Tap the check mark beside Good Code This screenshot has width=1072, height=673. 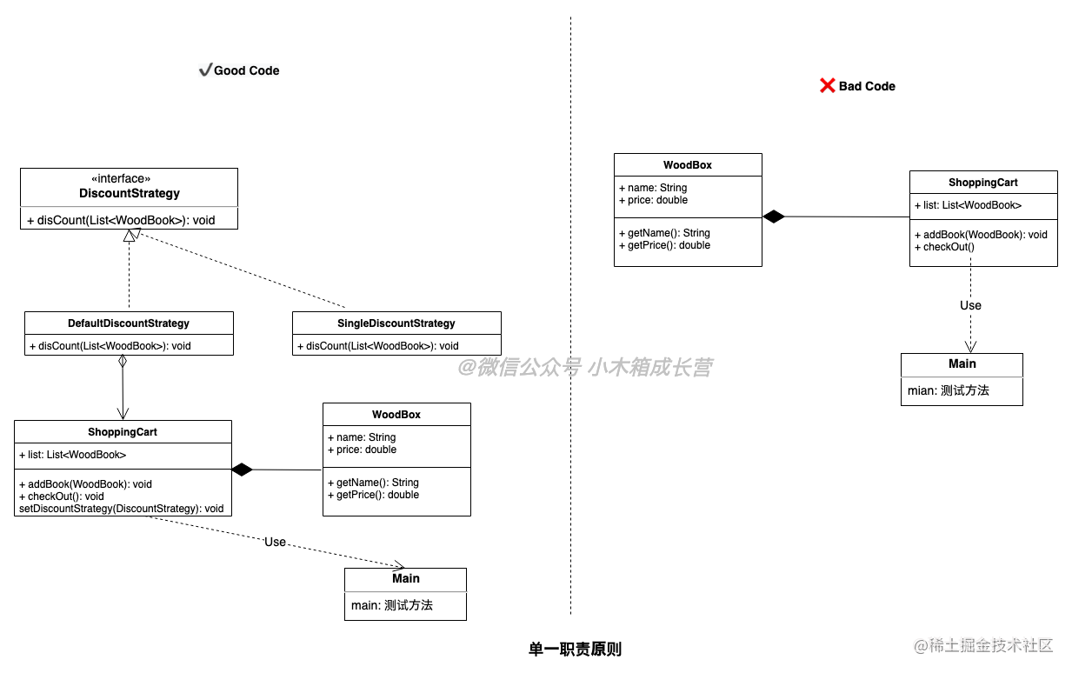pos(205,70)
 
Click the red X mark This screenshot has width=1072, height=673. pos(828,85)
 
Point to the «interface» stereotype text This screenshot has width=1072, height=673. pos(121,178)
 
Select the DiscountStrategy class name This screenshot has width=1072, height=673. pos(130,193)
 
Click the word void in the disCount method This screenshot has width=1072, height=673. pos(203,220)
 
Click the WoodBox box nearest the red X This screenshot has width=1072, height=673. pos(688,165)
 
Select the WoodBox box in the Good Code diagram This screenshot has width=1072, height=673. pos(396,415)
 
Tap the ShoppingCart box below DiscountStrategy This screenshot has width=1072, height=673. pos(123,432)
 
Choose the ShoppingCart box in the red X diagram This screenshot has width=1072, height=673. pos(983,183)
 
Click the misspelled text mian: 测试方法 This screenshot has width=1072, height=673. pos(949,390)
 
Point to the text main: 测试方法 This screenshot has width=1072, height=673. pos(392,605)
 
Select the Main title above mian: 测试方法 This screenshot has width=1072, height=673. pos(962,363)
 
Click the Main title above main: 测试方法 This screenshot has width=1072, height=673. pos(406,578)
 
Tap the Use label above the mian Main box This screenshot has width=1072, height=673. pos(970,305)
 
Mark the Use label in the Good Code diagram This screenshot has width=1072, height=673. pos(275,542)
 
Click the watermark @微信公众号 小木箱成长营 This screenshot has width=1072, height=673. pos(585,368)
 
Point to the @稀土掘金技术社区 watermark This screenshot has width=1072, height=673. pos(982,643)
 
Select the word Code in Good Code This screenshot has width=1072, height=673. pos(263,70)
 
